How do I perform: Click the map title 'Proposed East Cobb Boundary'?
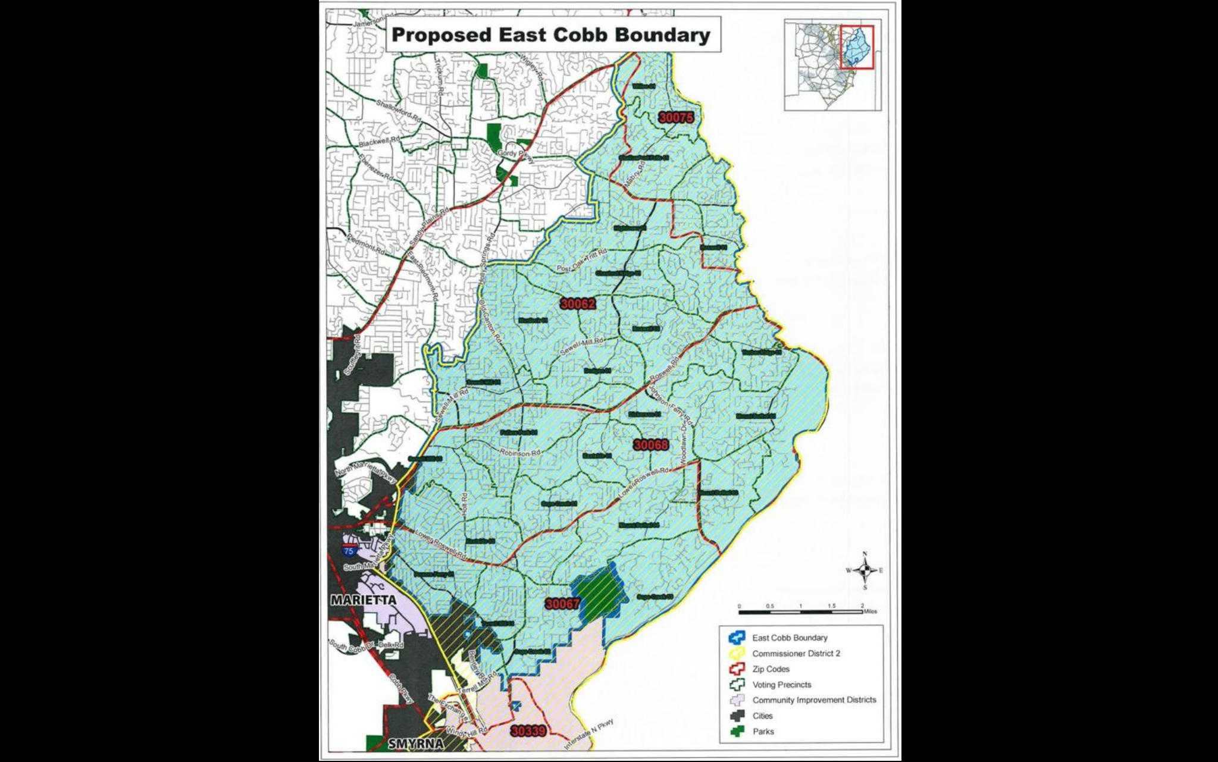(x=551, y=35)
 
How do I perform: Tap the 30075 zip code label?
(x=676, y=118)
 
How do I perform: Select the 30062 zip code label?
(x=578, y=304)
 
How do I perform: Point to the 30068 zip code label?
(x=651, y=445)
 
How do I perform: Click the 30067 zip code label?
(x=562, y=604)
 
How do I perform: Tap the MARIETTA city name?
(x=363, y=600)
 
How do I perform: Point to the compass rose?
(x=865, y=570)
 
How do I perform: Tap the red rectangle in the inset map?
(x=857, y=47)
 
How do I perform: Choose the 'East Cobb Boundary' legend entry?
(x=790, y=638)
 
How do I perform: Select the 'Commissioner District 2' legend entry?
(x=796, y=653)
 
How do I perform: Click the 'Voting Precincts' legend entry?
(x=781, y=685)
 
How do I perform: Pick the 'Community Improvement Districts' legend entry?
(x=814, y=700)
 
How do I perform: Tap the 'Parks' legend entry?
(x=763, y=732)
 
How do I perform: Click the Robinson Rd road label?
(x=519, y=453)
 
